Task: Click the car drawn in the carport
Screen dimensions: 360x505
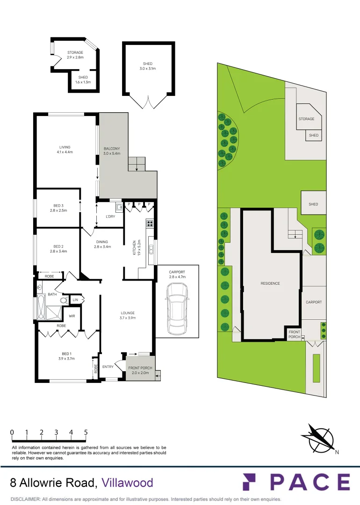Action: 177,309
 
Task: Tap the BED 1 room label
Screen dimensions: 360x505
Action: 67,356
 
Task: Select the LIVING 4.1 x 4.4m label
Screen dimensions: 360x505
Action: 65,150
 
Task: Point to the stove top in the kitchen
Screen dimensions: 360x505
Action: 150,223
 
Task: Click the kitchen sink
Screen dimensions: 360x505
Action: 151,250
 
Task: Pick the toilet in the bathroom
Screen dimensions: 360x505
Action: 64,301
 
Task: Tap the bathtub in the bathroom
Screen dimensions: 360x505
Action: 41,307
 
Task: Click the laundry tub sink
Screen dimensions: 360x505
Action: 119,208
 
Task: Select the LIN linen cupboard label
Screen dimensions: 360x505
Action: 75,300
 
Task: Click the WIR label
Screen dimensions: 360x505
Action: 72,316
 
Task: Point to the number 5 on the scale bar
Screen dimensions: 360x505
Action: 86,432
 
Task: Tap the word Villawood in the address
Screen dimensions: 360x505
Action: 127,483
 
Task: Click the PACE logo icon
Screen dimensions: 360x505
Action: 249,482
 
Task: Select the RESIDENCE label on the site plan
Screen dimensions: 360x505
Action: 270,283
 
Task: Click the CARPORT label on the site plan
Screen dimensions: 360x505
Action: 314,302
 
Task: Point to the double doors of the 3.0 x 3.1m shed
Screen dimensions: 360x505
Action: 149,102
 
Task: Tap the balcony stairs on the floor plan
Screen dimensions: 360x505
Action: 137,164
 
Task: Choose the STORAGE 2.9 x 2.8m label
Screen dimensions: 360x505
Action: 75,55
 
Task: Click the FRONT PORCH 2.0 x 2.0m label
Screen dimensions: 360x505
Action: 140,370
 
